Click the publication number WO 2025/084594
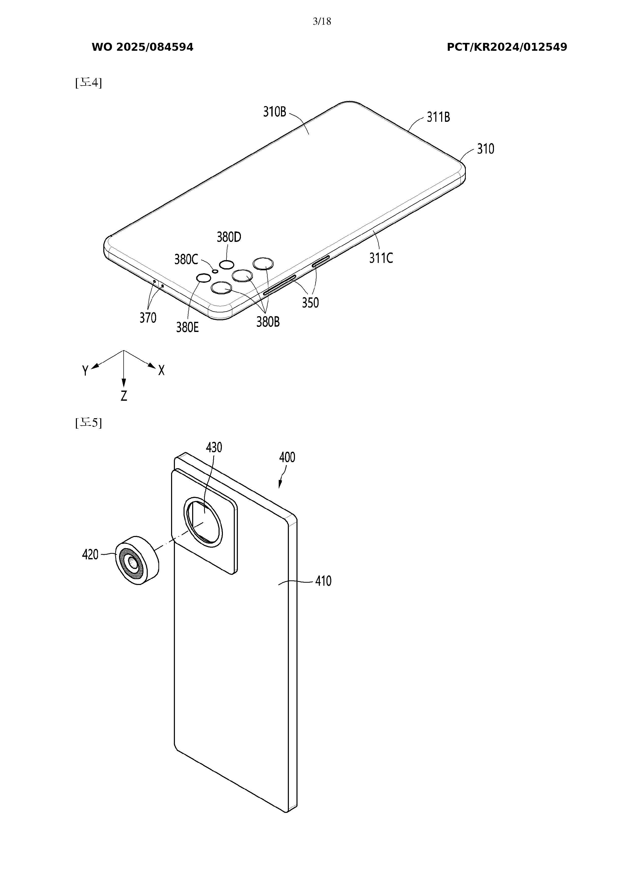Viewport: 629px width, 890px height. [x=142, y=47]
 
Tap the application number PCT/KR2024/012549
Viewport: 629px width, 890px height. [x=507, y=47]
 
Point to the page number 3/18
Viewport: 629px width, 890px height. [x=322, y=21]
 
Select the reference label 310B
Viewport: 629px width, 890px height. [x=275, y=112]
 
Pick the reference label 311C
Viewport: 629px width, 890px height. [x=381, y=258]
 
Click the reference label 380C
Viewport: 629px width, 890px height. [x=186, y=259]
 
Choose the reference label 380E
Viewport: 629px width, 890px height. [x=187, y=328]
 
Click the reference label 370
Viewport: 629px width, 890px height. [x=148, y=318]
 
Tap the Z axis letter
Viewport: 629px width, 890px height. [x=124, y=396]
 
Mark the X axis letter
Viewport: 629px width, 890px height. [x=161, y=371]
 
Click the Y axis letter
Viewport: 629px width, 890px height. [x=85, y=371]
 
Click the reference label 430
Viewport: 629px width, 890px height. [x=214, y=448]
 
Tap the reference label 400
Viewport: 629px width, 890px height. [x=287, y=457]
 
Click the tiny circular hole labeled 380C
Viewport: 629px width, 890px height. [x=215, y=271]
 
